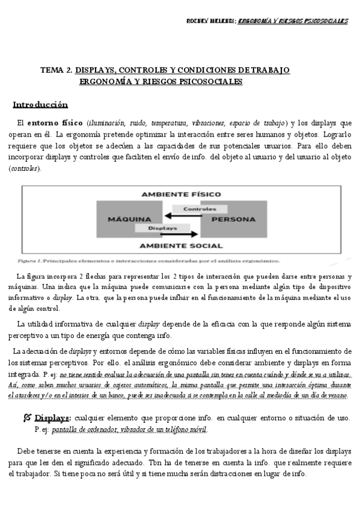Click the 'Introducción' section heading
pyautogui.click(x=40, y=105)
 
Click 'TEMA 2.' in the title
pyautogui.click(x=56, y=70)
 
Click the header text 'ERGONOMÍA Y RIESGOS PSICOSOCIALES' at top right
pyautogui.click(x=293, y=21)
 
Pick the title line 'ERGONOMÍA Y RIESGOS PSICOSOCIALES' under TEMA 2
pyautogui.click(x=160, y=81)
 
